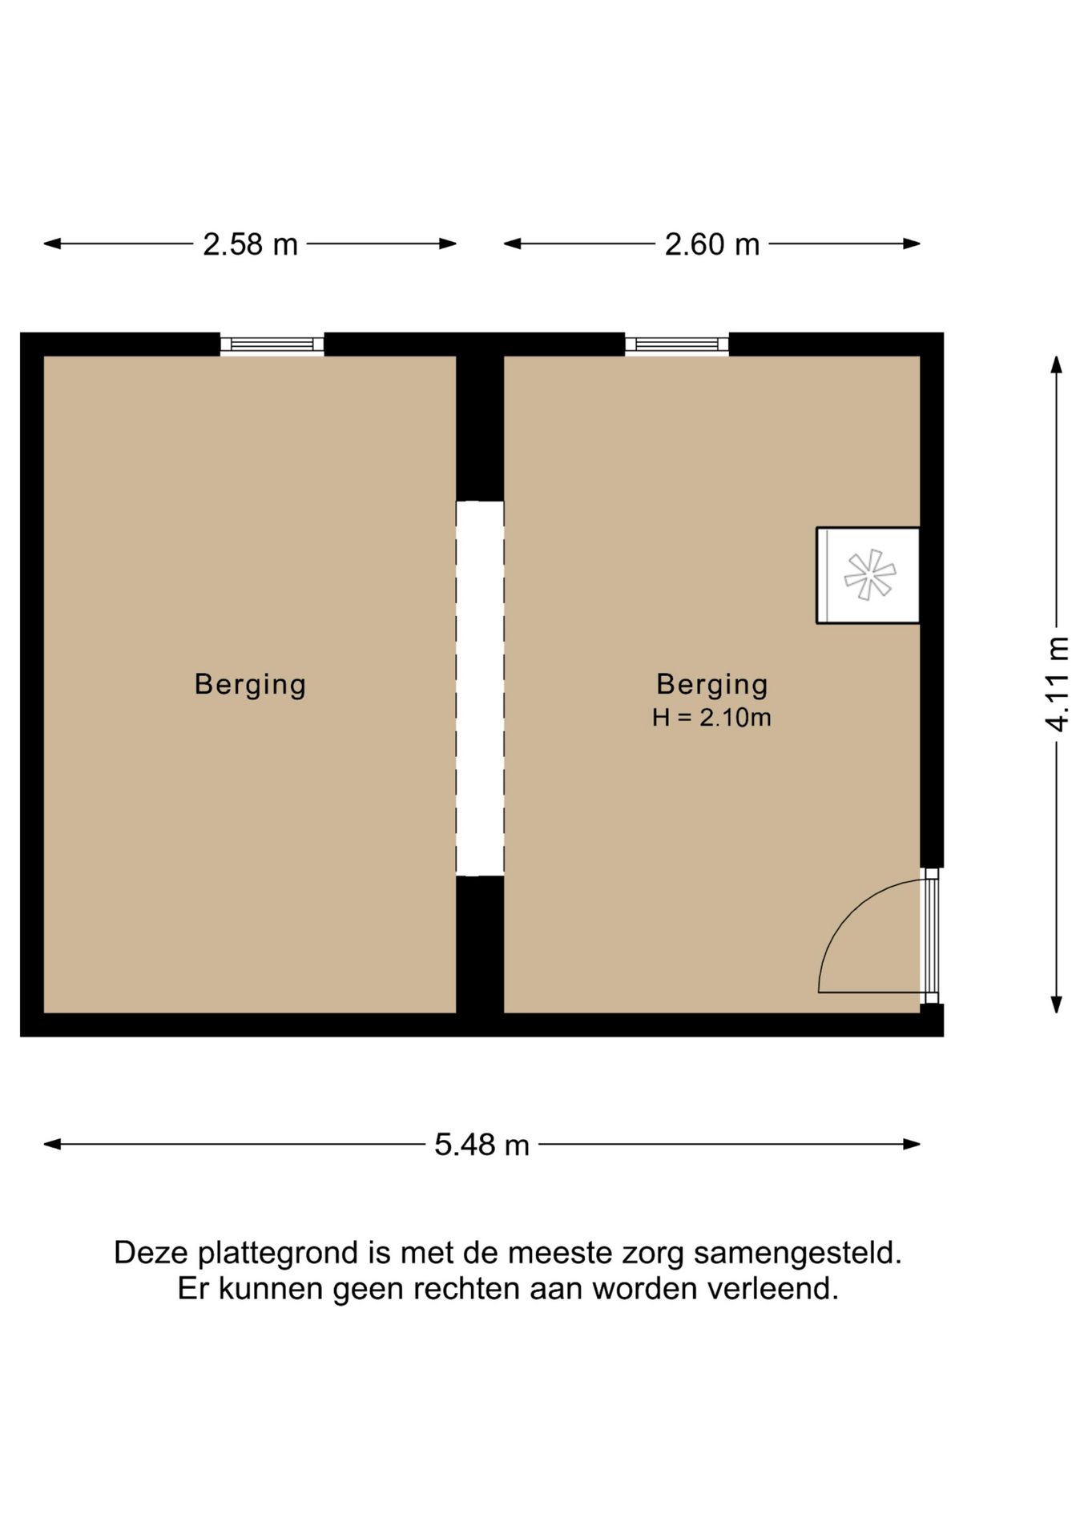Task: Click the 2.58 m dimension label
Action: click(x=250, y=244)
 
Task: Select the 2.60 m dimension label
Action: click(x=711, y=244)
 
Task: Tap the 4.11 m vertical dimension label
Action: click(x=1058, y=683)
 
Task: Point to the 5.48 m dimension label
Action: click(x=482, y=1145)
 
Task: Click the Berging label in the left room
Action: click(x=250, y=684)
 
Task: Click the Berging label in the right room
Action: click(x=711, y=684)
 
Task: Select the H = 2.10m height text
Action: click(x=711, y=718)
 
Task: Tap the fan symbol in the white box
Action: click(x=869, y=575)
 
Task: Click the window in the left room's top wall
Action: click(x=272, y=344)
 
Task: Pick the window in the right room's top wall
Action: click(x=677, y=344)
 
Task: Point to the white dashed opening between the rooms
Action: click(x=480, y=689)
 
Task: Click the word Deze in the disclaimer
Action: click(x=151, y=1253)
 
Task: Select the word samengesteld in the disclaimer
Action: click(x=797, y=1253)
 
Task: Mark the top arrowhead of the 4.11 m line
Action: click(x=1057, y=365)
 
